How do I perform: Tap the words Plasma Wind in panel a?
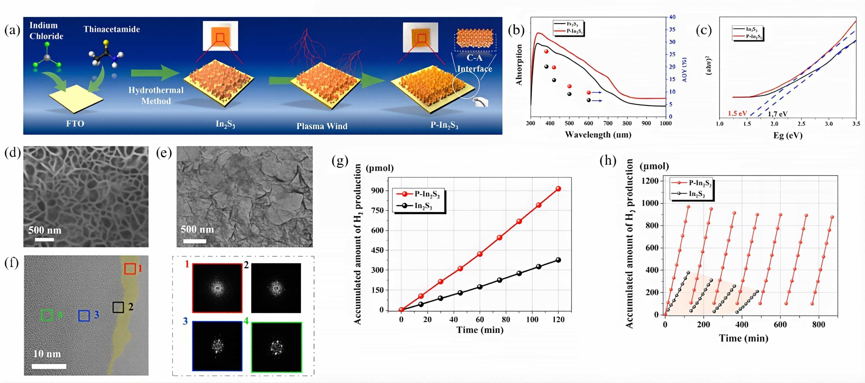(322, 126)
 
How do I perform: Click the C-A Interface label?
(474, 63)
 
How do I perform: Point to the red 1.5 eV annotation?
(737, 113)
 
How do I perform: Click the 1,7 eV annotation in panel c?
(777, 114)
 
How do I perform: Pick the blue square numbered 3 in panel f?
(84, 316)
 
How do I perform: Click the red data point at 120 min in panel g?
(558, 189)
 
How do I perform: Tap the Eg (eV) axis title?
(788, 135)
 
